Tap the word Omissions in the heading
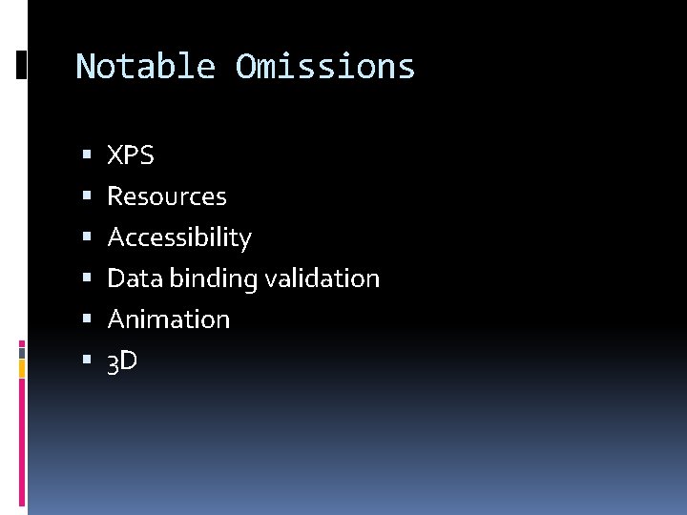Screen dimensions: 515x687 coord(325,67)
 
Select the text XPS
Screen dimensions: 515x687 coord(130,155)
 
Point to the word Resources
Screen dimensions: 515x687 coord(167,196)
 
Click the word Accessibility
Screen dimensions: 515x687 coord(179,237)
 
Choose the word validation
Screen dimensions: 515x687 coord(323,278)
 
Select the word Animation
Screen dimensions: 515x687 coord(169,319)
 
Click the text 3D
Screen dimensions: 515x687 coord(122,361)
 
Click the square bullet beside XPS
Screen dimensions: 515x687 coord(87,155)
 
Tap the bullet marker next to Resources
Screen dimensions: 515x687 coord(87,196)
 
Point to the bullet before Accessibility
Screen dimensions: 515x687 coord(87,237)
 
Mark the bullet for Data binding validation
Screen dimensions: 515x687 coord(87,278)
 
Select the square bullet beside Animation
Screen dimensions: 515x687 coord(87,319)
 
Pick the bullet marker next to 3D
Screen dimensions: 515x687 coord(87,361)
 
